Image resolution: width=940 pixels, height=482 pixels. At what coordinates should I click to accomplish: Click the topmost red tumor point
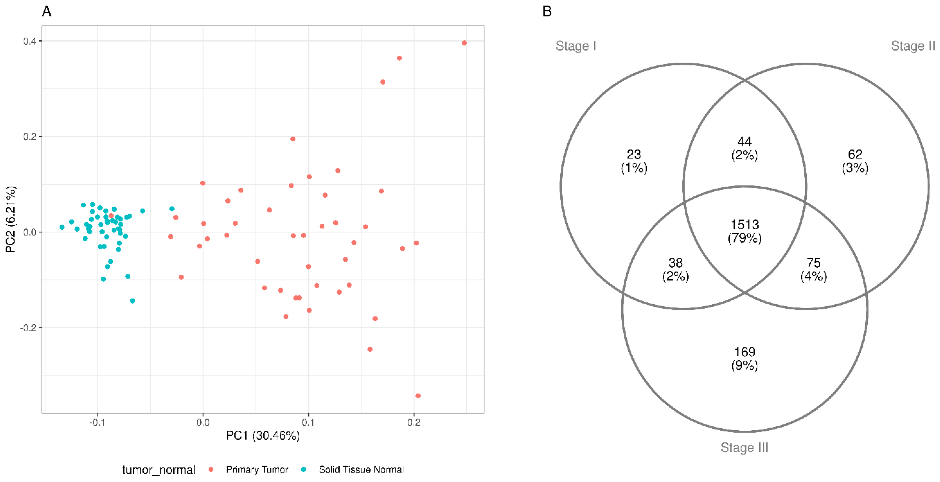pos(464,43)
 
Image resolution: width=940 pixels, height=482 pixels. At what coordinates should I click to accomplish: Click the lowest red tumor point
pos(418,396)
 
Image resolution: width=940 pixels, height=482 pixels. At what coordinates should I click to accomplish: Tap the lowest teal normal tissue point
pos(132,301)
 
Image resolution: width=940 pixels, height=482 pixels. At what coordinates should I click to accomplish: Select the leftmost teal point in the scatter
pos(62,227)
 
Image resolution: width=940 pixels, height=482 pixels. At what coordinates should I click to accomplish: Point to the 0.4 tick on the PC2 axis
pos(30,41)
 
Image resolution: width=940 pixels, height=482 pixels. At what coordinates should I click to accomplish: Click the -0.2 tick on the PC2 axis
pos(29,328)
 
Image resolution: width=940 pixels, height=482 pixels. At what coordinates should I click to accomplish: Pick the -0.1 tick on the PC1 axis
pos(97,423)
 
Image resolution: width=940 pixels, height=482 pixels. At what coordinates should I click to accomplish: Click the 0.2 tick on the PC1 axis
pos(414,423)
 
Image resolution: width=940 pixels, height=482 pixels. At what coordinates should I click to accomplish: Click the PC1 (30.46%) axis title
pos(263,436)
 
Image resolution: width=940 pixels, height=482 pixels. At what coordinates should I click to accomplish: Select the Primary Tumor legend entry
pos(257,469)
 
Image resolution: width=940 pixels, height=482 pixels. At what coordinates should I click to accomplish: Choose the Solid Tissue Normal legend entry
pos(361,469)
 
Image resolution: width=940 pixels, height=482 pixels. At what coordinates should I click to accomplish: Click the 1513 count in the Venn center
pos(744,225)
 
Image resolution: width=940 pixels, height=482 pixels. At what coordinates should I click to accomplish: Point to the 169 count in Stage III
pos(744,352)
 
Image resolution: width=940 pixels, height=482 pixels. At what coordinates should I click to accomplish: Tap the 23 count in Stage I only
pos(634,154)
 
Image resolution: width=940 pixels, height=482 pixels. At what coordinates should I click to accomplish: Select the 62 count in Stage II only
pos(855,154)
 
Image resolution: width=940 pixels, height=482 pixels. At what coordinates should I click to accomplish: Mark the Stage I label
pos(575,46)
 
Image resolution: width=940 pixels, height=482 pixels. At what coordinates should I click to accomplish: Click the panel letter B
pos(547,11)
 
